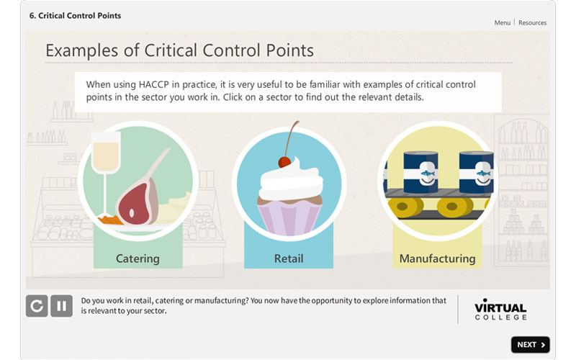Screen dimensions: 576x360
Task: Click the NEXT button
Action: coord(530,345)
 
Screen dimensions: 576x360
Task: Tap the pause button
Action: coord(61,305)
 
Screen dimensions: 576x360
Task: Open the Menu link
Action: coord(502,23)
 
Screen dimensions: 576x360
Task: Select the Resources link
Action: coord(532,23)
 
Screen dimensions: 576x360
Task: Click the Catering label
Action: coord(138,258)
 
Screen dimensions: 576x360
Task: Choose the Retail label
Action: coord(289,258)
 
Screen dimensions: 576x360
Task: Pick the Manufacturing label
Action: coord(437,258)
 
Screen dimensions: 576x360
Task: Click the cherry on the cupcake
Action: coord(284,162)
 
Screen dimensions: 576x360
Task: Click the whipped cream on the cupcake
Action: coord(291,182)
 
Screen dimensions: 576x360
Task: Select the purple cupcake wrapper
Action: coord(289,219)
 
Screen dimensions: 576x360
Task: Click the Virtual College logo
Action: coord(500,310)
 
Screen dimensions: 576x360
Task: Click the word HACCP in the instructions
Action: coord(153,85)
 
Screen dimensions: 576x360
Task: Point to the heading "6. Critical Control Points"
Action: coord(75,16)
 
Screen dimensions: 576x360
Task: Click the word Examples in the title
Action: coord(81,50)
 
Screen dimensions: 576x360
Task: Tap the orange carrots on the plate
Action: coord(110,220)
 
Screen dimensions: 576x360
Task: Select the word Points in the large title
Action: coord(290,50)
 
